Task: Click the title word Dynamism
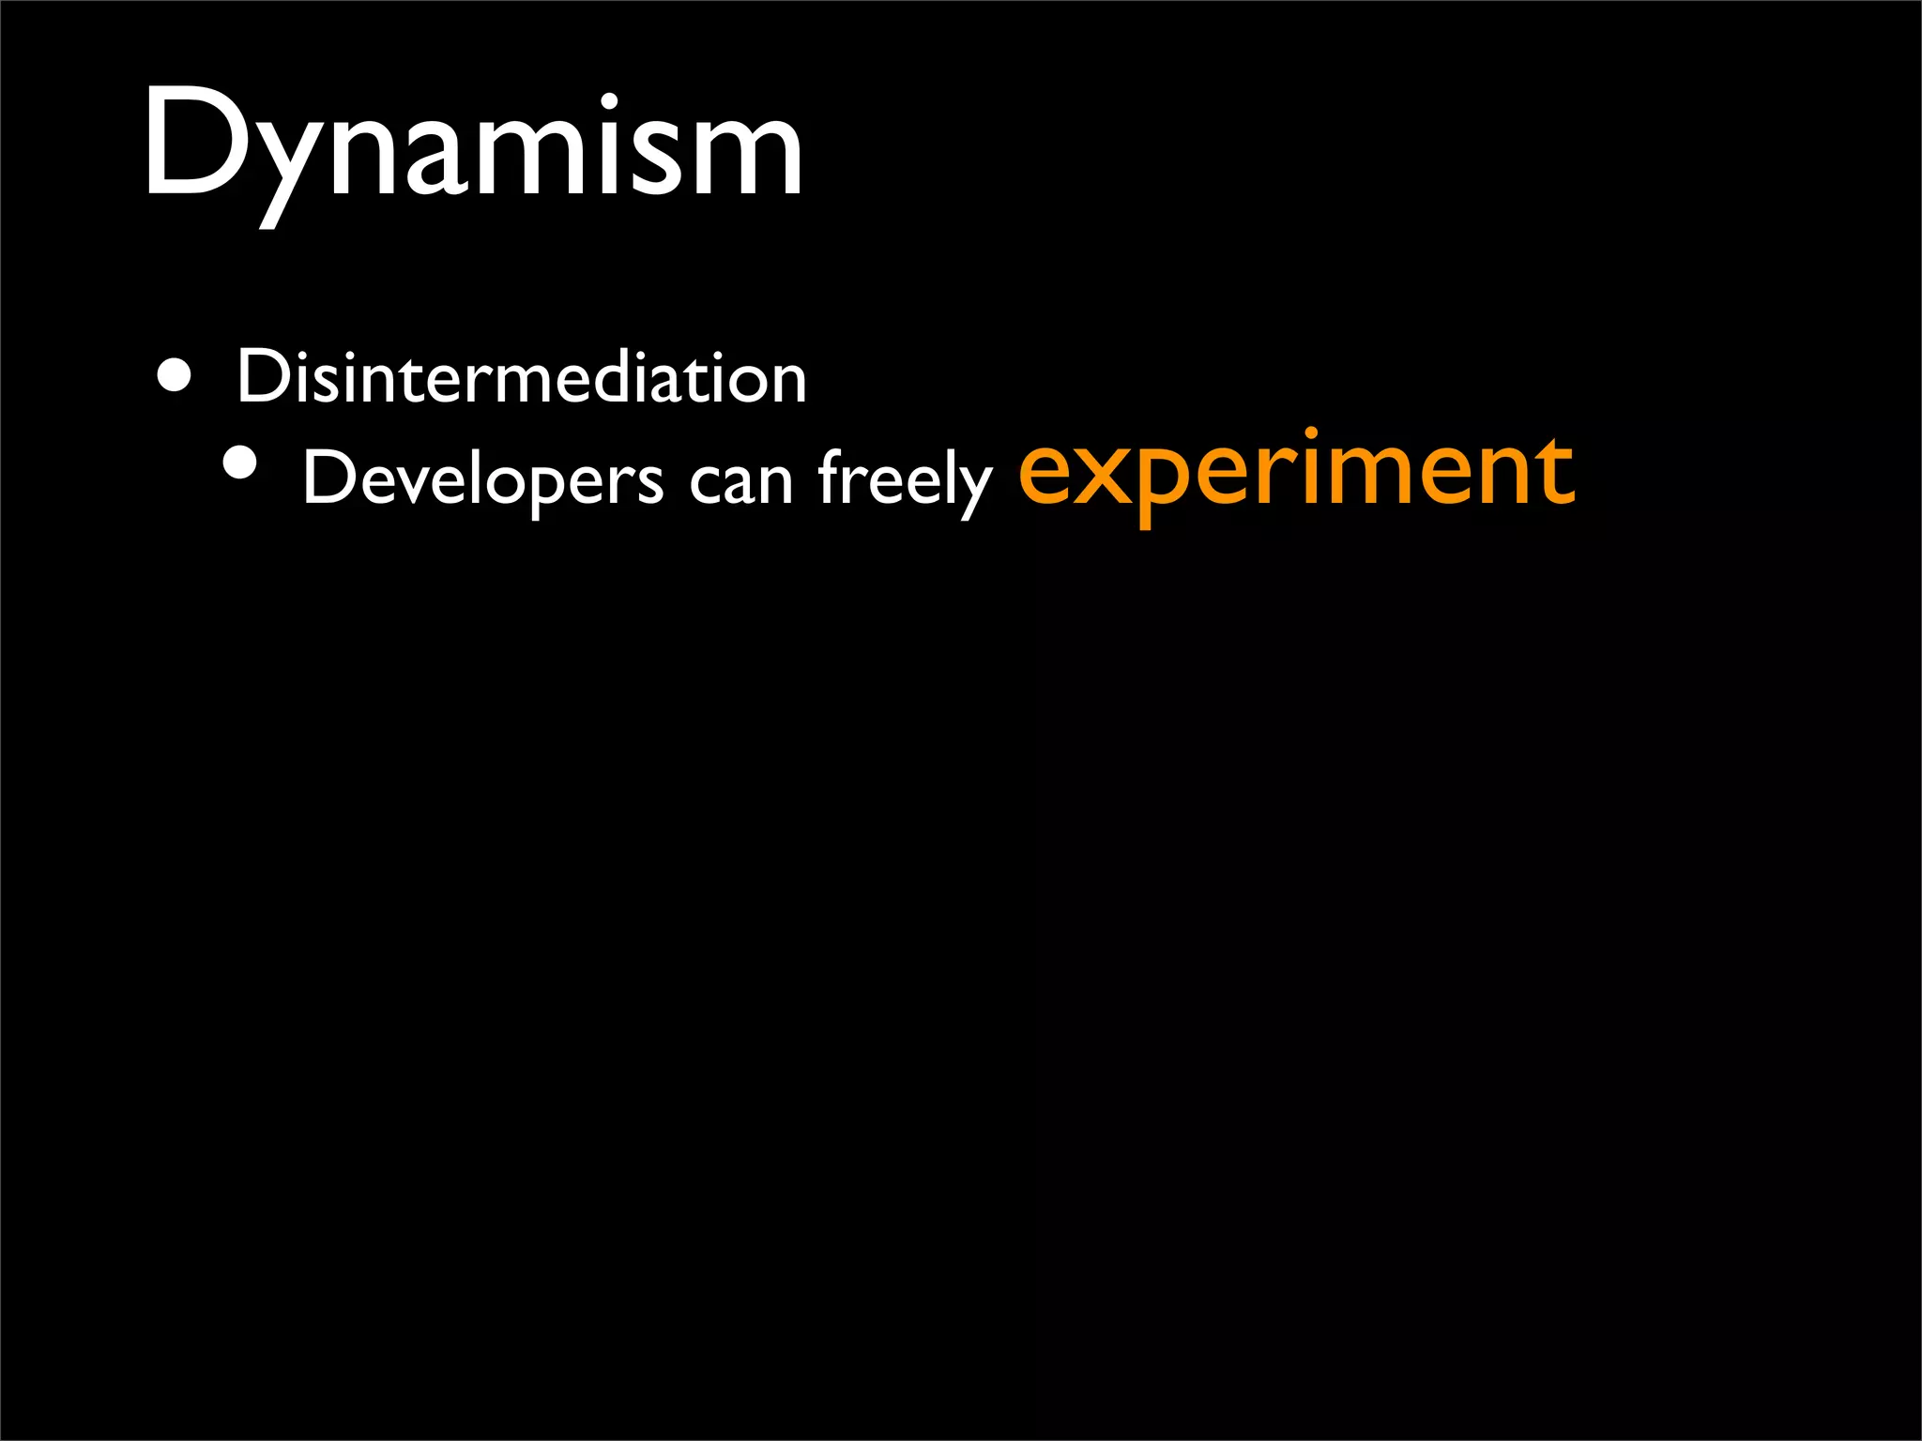pos(472,145)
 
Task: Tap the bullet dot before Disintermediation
pos(175,377)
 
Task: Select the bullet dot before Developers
pos(240,463)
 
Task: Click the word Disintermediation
pos(521,377)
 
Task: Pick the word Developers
pos(482,478)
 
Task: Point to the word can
pos(741,481)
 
